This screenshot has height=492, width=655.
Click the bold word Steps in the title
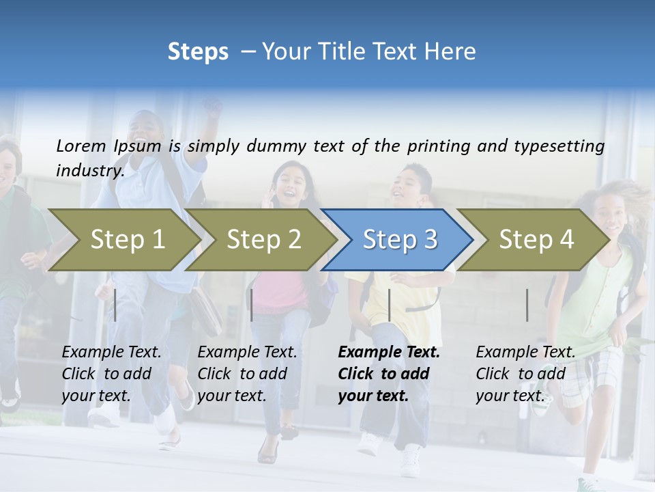tap(198, 52)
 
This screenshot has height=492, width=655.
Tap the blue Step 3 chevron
tap(400, 240)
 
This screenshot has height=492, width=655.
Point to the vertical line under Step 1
tap(115, 305)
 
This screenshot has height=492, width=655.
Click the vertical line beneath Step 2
tap(252, 305)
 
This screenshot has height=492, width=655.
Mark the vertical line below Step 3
tap(389, 305)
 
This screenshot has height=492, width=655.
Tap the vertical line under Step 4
tap(527, 305)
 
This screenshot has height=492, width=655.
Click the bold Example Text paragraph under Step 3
tap(389, 374)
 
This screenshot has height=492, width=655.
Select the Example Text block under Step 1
tap(111, 374)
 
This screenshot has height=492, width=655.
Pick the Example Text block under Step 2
tap(247, 374)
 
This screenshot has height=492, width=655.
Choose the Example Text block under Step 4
tap(525, 374)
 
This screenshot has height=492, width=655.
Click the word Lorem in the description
tap(81, 146)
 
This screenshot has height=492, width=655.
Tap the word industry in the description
tap(90, 171)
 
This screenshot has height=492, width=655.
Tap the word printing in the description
tap(438, 146)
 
